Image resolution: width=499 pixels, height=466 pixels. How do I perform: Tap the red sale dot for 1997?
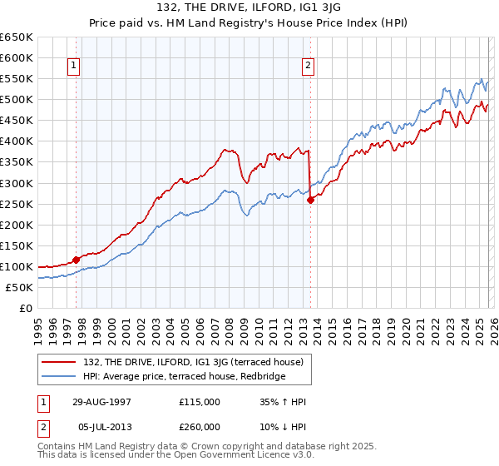click(x=76, y=260)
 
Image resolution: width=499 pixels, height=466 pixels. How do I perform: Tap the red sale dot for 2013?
click(x=309, y=200)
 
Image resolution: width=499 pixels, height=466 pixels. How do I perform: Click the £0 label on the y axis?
click(x=25, y=308)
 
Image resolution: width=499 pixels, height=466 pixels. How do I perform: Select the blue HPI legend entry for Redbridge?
click(x=184, y=377)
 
